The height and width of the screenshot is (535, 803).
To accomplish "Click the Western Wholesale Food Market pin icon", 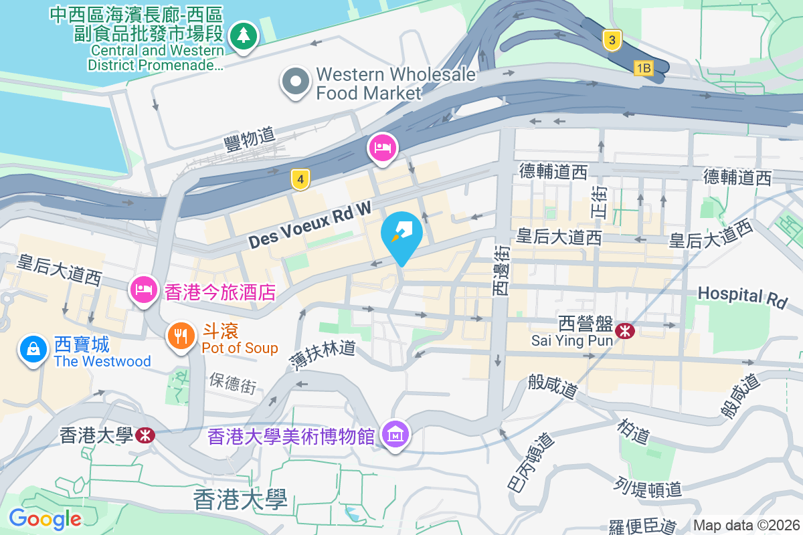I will [294, 83].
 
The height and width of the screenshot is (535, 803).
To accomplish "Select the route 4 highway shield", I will [301, 179].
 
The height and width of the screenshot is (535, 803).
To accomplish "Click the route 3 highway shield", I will [610, 40].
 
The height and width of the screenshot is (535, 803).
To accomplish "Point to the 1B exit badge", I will [643, 68].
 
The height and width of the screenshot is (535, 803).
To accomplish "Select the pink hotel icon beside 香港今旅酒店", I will [144, 290].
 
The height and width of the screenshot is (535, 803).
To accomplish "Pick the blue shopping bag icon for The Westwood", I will [32, 348].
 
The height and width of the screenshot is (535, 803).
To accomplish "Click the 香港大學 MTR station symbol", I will [144, 435].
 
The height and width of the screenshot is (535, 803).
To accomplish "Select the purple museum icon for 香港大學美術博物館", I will [395, 435].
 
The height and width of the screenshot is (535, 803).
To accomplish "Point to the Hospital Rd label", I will [742, 296].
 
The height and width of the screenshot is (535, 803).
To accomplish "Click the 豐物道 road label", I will [250, 138].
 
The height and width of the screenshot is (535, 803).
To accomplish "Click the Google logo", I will [45, 518].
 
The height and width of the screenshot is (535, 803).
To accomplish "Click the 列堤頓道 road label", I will [648, 488].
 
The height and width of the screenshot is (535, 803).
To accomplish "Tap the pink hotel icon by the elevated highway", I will [382, 147].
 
